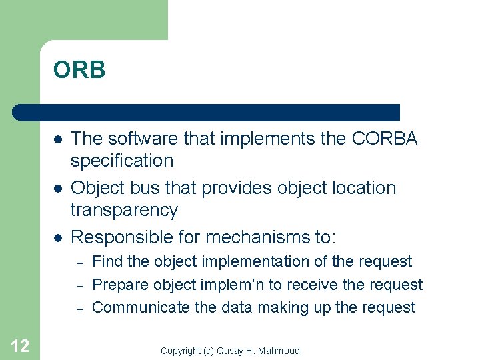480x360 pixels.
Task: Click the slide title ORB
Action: point(79,70)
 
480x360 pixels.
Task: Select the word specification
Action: point(122,161)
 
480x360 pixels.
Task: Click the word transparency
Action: point(124,210)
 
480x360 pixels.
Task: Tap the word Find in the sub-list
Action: point(107,262)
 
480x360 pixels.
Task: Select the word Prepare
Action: point(121,285)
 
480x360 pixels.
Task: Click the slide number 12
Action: point(20,346)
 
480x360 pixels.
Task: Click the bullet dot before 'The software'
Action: point(58,139)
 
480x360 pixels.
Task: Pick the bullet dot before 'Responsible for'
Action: point(58,237)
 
